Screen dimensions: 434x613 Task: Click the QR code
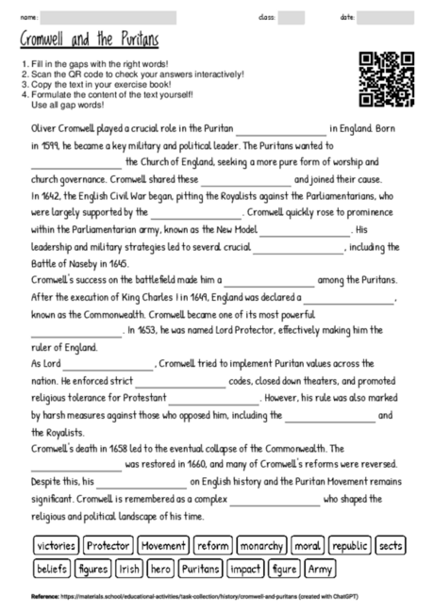pyautogui.click(x=387, y=79)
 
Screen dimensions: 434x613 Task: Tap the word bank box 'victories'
pyautogui.click(x=56, y=545)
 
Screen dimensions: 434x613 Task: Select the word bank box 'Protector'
pyautogui.click(x=108, y=545)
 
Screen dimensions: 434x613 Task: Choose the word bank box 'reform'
pyautogui.click(x=213, y=545)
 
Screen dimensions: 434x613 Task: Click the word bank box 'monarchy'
pyautogui.click(x=261, y=545)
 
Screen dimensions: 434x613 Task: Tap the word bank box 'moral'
pyautogui.click(x=308, y=545)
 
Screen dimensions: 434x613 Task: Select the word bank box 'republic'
pyautogui.click(x=350, y=545)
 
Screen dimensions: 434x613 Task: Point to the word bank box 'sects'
pyautogui.click(x=390, y=545)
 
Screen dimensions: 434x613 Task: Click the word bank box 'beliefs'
pyautogui.click(x=52, y=569)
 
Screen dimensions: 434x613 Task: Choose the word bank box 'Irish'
pyautogui.click(x=130, y=569)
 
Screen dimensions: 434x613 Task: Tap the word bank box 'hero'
pyautogui.click(x=161, y=569)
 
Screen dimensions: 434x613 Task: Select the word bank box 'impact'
pyautogui.click(x=246, y=569)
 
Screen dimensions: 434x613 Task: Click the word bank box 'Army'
pyautogui.click(x=321, y=569)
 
